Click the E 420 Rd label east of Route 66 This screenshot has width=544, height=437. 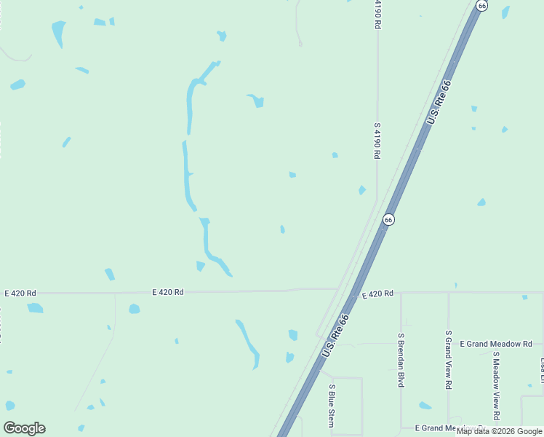tap(377, 294)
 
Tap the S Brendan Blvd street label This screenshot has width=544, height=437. tap(401, 360)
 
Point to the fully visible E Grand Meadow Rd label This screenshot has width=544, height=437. tap(497, 344)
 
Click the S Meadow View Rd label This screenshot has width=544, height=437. tap(496, 386)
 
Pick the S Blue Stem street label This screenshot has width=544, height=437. tap(332, 405)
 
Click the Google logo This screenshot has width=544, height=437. tap(24, 428)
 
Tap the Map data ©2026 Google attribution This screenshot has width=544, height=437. tap(500, 431)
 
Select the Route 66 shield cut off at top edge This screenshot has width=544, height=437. tap(481, 4)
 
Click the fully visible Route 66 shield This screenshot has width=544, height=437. tap(388, 219)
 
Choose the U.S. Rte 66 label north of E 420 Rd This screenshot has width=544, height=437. tap(439, 102)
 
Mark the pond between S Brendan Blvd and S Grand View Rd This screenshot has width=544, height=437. tap(425, 406)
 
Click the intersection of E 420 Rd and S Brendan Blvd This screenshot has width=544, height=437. tap(401, 294)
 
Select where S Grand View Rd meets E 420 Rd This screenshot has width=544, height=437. tap(449, 294)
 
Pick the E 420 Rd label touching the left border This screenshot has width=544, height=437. tap(19, 293)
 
